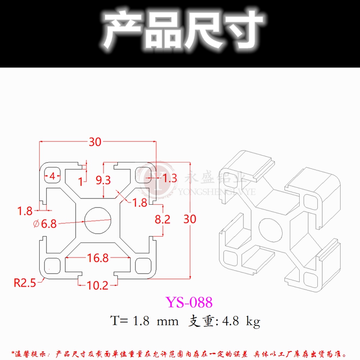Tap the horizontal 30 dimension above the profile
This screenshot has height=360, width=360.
pos(94,142)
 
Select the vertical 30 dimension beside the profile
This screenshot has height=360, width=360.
pos(190,219)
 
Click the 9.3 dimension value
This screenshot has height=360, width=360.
pos(103,181)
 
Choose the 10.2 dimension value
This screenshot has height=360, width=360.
pos(98,285)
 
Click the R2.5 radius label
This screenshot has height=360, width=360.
pos(25,283)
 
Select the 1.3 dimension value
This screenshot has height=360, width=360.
pos(169,178)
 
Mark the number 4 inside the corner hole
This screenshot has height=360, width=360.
pos(52,176)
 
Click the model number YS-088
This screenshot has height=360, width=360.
pos(189,301)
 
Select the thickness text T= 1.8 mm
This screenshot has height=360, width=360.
pos(144,321)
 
